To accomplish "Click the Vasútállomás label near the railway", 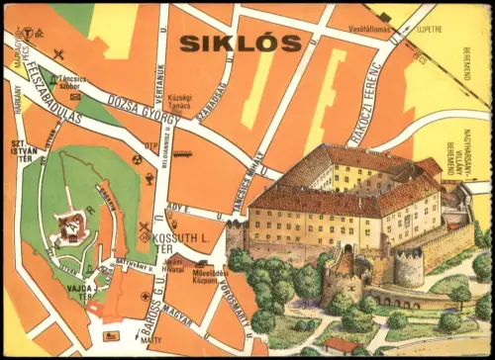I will coord(376,29).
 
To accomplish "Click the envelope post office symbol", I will coord(75,96).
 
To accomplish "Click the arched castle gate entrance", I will coord(346,247).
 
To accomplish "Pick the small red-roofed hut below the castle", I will coord(340,345).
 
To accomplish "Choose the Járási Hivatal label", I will coord(201,261).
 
